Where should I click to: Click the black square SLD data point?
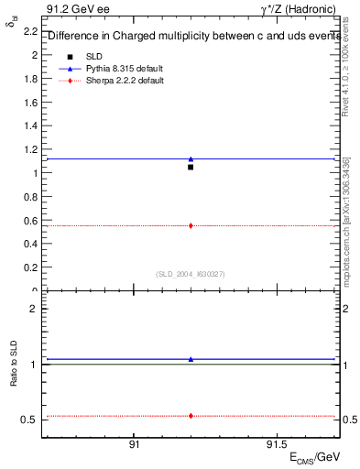pyautogui.click(x=191, y=167)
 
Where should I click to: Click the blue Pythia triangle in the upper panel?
pyautogui.click(x=191, y=159)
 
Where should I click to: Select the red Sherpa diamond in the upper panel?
pyautogui.click(x=191, y=225)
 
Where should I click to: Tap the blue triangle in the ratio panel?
pyautogui.click(x=191, y=359)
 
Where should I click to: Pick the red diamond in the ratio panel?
pyautogui.click(x=191, y=416)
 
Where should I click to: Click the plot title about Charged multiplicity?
pyautogui.click(x=189, y=37)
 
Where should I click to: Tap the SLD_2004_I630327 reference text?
pyautogui.click(x=190, y=274)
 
